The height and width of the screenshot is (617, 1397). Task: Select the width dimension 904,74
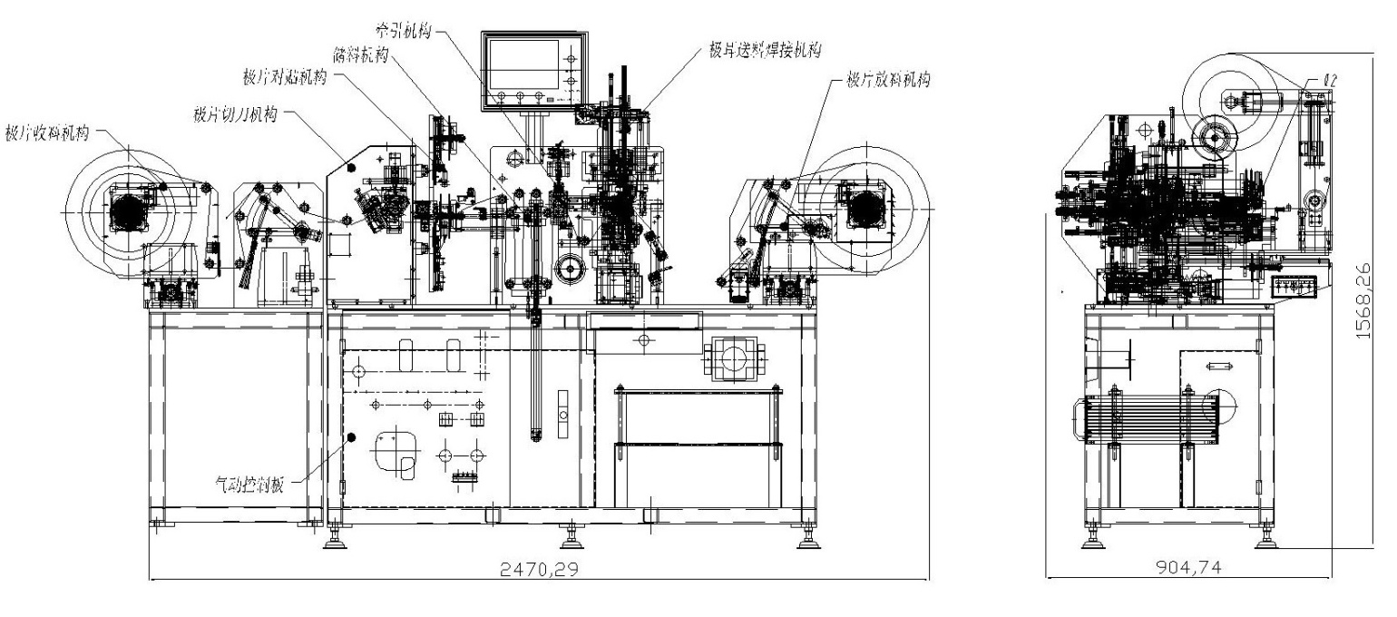pos(1187,566)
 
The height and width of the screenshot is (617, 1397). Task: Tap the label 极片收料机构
pos(48,130)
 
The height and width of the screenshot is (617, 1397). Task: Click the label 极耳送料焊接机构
pos(766,51)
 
